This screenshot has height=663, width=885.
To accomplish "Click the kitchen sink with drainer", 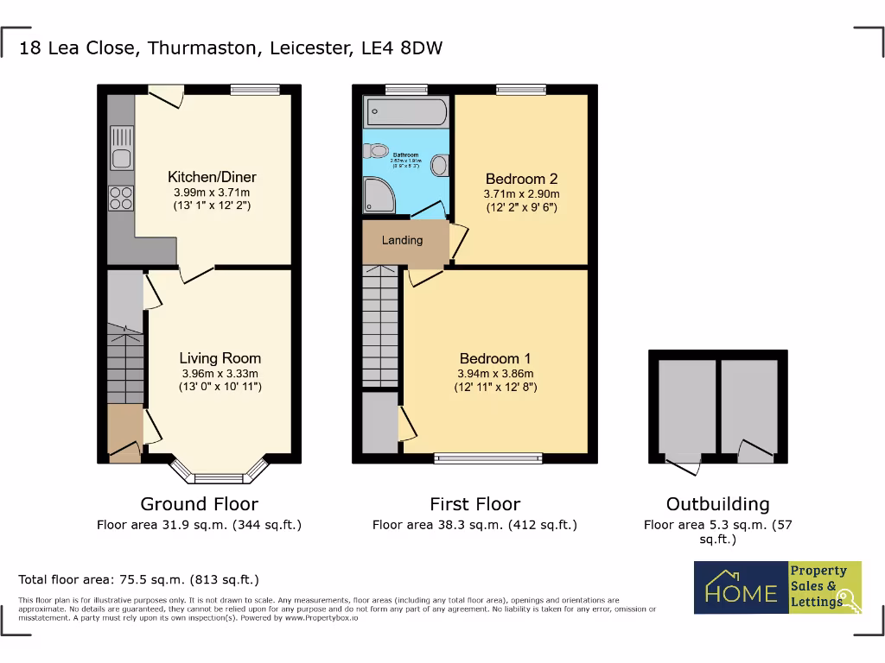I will pyautogui.click(x=121, y=147).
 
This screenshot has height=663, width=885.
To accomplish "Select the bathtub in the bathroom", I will pyautogui.click(x=406, y=111).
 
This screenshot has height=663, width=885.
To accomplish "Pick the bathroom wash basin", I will pyautogui.click(x=440, y=164).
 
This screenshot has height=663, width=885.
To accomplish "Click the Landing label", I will pyautogui.click(x=402, y=240).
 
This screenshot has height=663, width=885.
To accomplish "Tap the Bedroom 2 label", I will pyautogui.click(x=521, y=180).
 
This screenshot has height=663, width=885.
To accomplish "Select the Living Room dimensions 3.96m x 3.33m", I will pyautogui.click(x=220, y=373).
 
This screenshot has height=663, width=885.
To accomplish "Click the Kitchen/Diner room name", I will pyautogui.click(x=212, y=177).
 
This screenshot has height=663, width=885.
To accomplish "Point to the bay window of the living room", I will pyautogui.click(x=219, y=473).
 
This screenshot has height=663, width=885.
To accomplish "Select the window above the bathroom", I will pyautogui.click(x=405, y=88).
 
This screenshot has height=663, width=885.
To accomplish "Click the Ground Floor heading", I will pyautogui.click(x=199, y=504).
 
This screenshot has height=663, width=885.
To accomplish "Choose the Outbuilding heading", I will pyautogui.click(x=717, y=504).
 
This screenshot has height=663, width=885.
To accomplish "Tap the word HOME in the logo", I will pyautogui.click(x=741, y=593).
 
